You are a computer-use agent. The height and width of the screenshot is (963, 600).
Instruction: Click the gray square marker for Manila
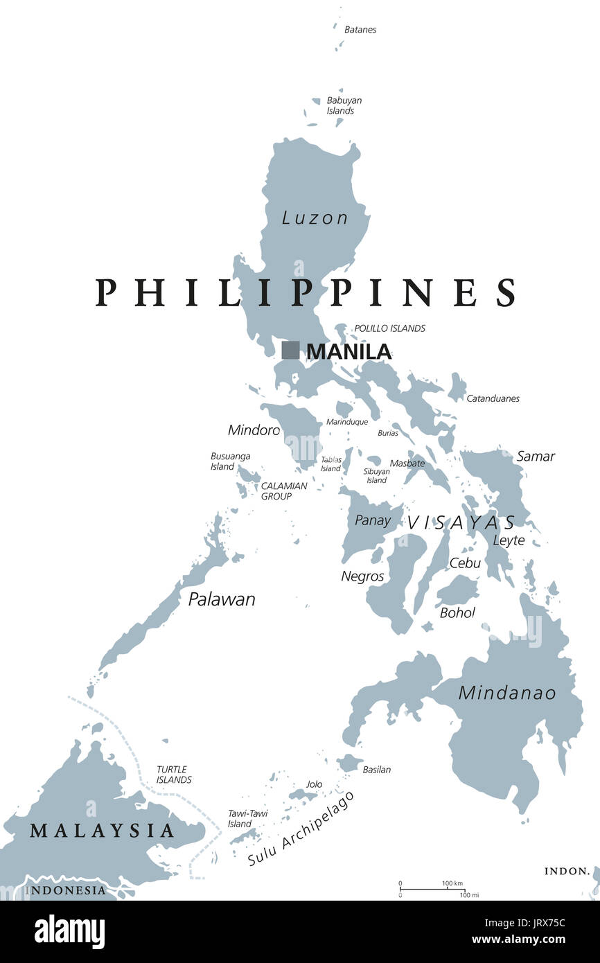tap(290, 350)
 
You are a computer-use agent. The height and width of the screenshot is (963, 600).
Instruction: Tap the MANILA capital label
tap(348, 351)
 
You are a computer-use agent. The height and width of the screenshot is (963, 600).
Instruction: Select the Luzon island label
tap(315, 218)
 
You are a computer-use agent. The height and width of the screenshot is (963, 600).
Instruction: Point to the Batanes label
tap(360, 30)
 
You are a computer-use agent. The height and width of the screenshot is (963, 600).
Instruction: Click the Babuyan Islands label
tap(344, 105)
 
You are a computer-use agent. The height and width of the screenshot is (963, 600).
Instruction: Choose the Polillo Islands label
tap(389, 328)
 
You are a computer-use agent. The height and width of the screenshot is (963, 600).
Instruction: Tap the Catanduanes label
tap(493, 398)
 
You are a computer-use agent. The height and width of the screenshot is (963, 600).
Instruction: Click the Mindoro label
tap(254, 430)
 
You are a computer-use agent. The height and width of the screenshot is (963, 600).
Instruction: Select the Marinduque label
tap(346, 421)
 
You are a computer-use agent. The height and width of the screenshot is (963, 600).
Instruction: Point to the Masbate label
tap(407, 463)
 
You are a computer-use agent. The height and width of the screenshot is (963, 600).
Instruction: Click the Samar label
tap(536, 456)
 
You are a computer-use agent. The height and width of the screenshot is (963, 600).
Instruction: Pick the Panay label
tap(373, 520)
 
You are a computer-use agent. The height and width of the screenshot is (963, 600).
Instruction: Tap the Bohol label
tap(457, 612)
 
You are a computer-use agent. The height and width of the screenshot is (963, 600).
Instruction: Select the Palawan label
tap(222, 599)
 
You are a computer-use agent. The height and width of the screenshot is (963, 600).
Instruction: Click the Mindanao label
tap(507, 692)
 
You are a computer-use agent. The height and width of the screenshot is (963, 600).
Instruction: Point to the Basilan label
tap(376, 770)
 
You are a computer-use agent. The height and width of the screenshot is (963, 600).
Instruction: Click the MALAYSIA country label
tap(102, 830)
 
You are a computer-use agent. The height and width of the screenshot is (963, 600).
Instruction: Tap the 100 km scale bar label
tap(452, 883)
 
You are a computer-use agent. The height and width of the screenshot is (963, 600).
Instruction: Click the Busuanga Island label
tap(230, 461)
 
